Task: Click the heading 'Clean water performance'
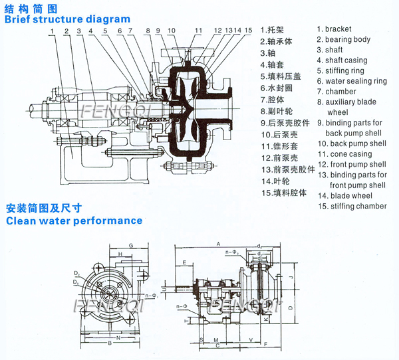point(74,220)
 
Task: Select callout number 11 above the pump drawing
point(198,31)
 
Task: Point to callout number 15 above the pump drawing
point(248,31)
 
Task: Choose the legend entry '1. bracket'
point(343,29)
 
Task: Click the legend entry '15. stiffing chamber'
point(352,206)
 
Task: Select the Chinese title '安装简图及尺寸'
point(44,208)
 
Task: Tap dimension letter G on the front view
point(131,245)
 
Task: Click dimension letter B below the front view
point(109,343)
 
